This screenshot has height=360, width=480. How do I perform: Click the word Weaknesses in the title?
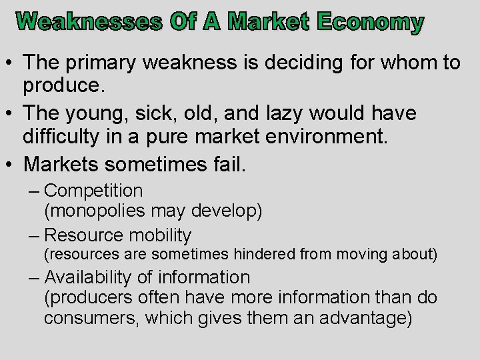89,22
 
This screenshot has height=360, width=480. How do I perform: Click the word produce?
63,85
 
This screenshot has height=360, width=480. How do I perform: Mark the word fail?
227,164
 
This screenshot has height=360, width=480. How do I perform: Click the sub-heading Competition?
93,191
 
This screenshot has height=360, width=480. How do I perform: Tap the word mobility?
160,235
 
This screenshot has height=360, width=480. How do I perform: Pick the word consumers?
91,319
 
